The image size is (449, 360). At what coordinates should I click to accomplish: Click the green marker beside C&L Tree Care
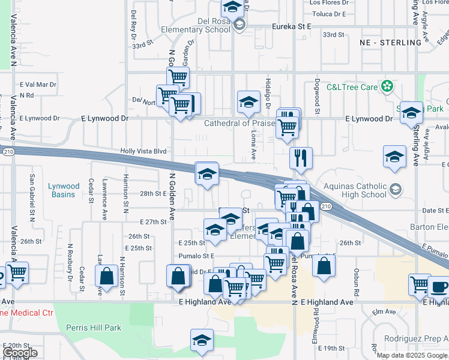388,86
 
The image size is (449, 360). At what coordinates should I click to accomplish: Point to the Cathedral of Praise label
239,123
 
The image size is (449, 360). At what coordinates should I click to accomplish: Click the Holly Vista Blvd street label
143,151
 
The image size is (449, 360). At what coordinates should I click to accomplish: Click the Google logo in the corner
20,353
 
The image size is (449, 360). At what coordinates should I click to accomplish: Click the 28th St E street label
152,193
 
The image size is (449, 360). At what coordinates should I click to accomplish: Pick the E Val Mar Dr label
37,85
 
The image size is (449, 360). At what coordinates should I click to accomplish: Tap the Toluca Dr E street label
328,13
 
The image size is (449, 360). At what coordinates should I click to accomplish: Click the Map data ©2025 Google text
412,355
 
